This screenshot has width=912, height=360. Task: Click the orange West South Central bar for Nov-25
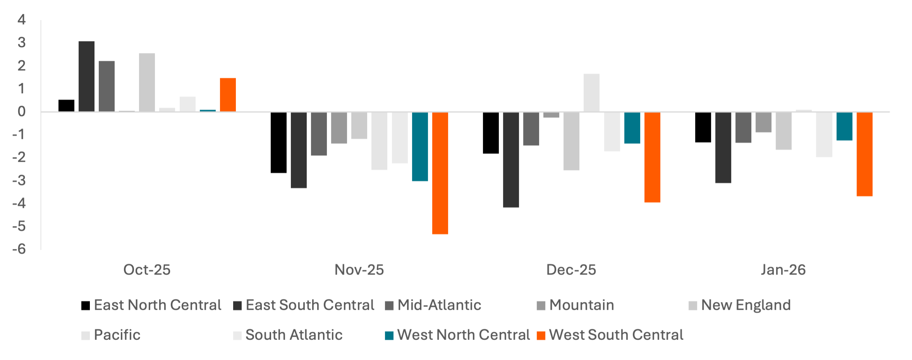440,173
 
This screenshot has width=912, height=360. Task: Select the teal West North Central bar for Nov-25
420,147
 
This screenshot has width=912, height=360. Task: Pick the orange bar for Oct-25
228,95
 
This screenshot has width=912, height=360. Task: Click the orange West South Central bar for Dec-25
652,157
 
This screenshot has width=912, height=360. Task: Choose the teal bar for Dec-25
632,128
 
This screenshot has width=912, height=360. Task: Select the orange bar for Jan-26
864,154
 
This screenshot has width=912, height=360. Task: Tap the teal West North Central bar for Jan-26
844,127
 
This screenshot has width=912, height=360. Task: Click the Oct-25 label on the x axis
147,270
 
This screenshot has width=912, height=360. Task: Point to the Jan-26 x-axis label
783,270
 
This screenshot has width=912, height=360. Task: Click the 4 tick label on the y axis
22,20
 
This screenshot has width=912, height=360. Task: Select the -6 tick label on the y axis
19,249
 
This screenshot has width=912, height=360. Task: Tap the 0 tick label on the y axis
22,112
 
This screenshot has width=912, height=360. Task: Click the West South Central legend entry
616,335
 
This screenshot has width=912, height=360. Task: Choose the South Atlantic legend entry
294,335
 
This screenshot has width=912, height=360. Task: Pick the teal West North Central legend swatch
389,335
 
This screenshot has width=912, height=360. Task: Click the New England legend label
746,305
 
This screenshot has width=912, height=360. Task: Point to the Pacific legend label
117,335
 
